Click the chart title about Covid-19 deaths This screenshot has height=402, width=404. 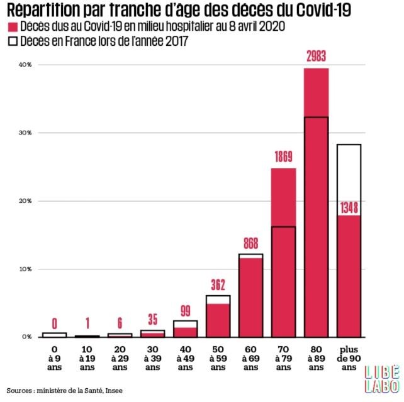[x=179, y=11]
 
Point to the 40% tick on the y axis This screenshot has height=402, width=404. [x=26, y=65]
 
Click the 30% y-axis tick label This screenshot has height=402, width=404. [x=26, y=133]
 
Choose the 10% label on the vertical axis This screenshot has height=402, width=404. [x=26, y=269]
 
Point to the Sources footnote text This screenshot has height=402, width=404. [x=65, y=391]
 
